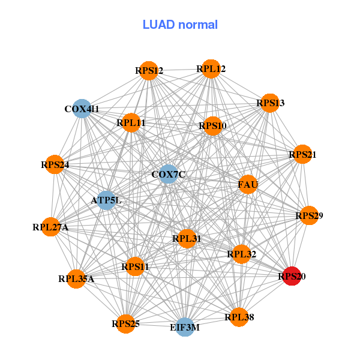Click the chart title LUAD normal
(180, 25)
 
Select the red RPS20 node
(292, 276)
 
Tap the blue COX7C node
(169, 175)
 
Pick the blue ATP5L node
(106, 200)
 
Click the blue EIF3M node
(185, 327)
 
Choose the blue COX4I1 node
(82, 109)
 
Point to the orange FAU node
(248, 184)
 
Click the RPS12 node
(149, 71)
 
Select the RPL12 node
(211, 69)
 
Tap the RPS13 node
(270, 103)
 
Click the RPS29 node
(309, 215)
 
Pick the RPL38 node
(239, 317)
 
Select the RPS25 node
(125, 324)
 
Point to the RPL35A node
(76, 278)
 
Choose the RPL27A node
(51, 227)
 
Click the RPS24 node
(55, 164)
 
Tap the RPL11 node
(131, 124)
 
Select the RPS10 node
(212, 126)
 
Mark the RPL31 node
(187, 238)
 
